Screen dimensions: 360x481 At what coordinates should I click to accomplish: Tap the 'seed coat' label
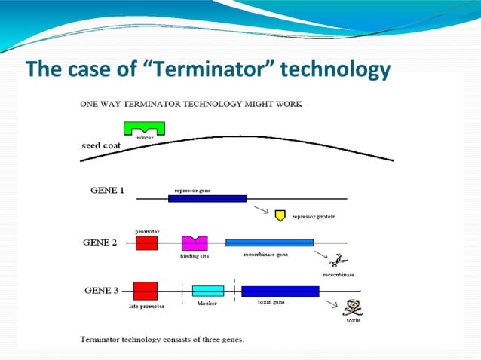(101, 145)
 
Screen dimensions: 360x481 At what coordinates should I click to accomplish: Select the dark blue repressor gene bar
(207, 198)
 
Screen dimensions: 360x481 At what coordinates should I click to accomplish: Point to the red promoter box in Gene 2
(146, 243)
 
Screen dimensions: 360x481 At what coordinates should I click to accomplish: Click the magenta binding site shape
(195, 243)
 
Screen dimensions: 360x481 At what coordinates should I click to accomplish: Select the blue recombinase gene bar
(269, 243)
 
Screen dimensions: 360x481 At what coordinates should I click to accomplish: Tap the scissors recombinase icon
(332, 260)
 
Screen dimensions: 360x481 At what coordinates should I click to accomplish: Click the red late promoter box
(145, 291)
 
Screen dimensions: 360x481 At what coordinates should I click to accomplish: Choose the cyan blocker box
(207, 291)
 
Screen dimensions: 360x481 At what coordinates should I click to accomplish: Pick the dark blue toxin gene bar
(280, 291)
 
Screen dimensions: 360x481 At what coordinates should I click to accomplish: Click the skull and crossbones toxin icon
(352, 307)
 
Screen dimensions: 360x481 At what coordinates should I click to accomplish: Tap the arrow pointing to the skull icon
(331, 304)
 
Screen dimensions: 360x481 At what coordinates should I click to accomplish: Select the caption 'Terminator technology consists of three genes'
(167, 339)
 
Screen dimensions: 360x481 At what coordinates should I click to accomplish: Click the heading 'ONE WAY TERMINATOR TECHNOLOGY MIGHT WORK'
(191, 104)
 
